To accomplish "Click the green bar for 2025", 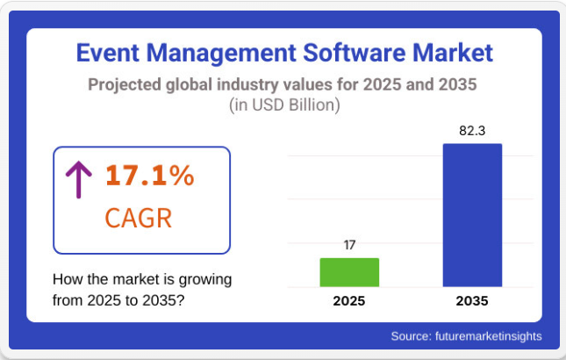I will (x=349, y=272).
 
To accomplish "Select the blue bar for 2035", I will (x=472, y=215).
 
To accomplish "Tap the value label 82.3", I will (x=472, y=131).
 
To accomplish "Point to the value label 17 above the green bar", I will (x=349, y=244).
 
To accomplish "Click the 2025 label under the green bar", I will (x=349, y=301).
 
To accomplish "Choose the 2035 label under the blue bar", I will (x=472, y=301).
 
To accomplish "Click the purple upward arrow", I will (x=79, y=178).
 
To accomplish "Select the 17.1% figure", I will (x=149, y=176).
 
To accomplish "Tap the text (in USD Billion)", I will (x=283, y=105).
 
